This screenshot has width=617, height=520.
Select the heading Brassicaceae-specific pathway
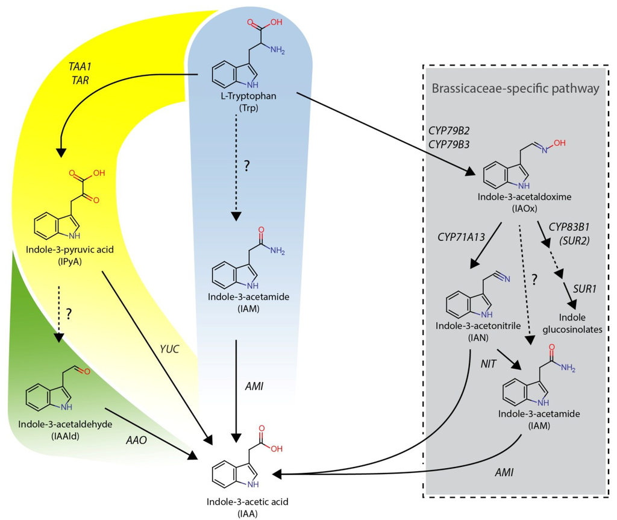click(x=515, y=89)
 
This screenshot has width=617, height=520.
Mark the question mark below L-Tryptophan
click(x=246, y=168)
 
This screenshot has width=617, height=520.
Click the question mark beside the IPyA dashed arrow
click(x=69, y=313)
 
